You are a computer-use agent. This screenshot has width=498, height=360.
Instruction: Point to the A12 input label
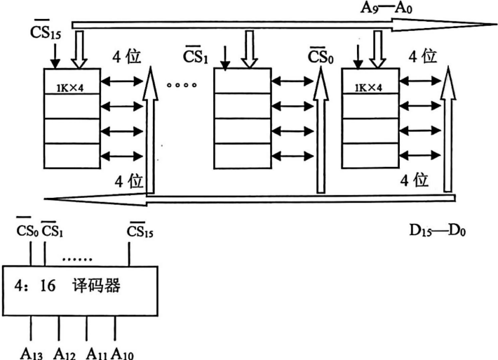tap(62, 352)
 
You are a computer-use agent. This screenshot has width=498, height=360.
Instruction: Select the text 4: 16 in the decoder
tap(36, 287)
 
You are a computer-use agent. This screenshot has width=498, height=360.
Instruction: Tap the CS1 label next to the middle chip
tap(195, 56)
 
